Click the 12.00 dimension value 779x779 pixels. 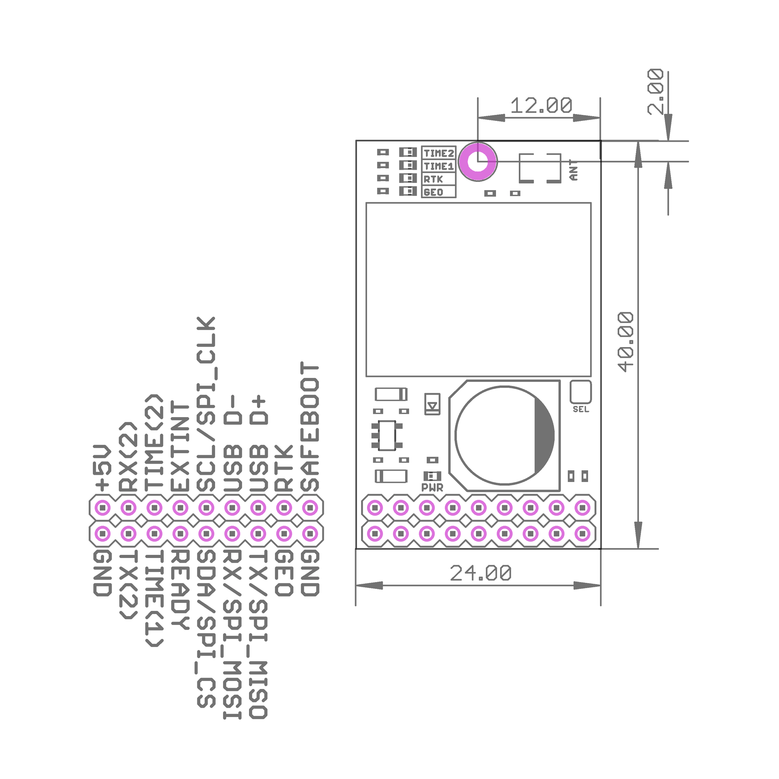(x=541, y=106)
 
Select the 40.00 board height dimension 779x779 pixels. (x=626, y=342)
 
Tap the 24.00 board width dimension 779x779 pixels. (x=481, y=573)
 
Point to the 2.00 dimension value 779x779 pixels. (x=655, y=92)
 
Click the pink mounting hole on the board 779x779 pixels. (x=478, y=161)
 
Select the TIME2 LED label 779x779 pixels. (x=439, y=153)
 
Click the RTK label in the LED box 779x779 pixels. (x=433, y=179)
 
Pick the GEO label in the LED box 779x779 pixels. (x=434, y=192)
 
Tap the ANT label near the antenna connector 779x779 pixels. (x=573, y=170)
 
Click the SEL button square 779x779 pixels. (x=580, y=392)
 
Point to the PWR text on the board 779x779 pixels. (x=432, y=488)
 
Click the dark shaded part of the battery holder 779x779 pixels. (x=544, y=436)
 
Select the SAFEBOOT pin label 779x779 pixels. (x=310, y=427)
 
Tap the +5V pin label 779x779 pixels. (x=102, y=468)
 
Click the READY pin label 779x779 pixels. (x=180, y=589)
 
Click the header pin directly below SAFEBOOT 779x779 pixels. (x=310, y=508)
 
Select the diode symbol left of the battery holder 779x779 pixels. (x=432, y=404)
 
